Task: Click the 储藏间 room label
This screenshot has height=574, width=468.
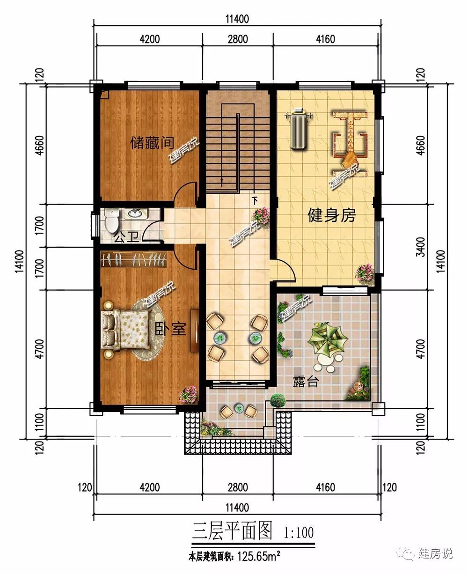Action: pyautogui.click(x=152, y=143)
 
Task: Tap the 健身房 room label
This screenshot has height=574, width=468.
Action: pyautogui.click(x=332, y=215)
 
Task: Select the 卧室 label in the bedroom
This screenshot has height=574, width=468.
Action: pyautogui.click(x=170, y=329)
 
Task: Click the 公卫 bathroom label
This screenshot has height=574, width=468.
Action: pyautogui.click(x=126, y=237)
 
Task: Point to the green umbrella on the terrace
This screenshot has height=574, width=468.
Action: pyautogui.click(x=327, y=338)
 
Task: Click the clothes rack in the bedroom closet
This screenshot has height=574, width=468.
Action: pyautogui.click(x=133, y=259)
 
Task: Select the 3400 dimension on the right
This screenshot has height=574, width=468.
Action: pyautogui.click(x=421, y=247)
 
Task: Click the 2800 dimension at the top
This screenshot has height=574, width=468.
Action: pyautogui.click(x=238, y=39)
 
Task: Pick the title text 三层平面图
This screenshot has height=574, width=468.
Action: pyautogui.click(x=232, y=530)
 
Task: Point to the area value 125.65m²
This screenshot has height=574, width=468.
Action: pyautogui.click(x=259, y=556)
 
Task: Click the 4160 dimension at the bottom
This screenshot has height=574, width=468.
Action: pyautogui.click(x=325, y=487)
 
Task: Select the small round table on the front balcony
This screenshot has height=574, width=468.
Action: pyautogui.click(x=239, y=409)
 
